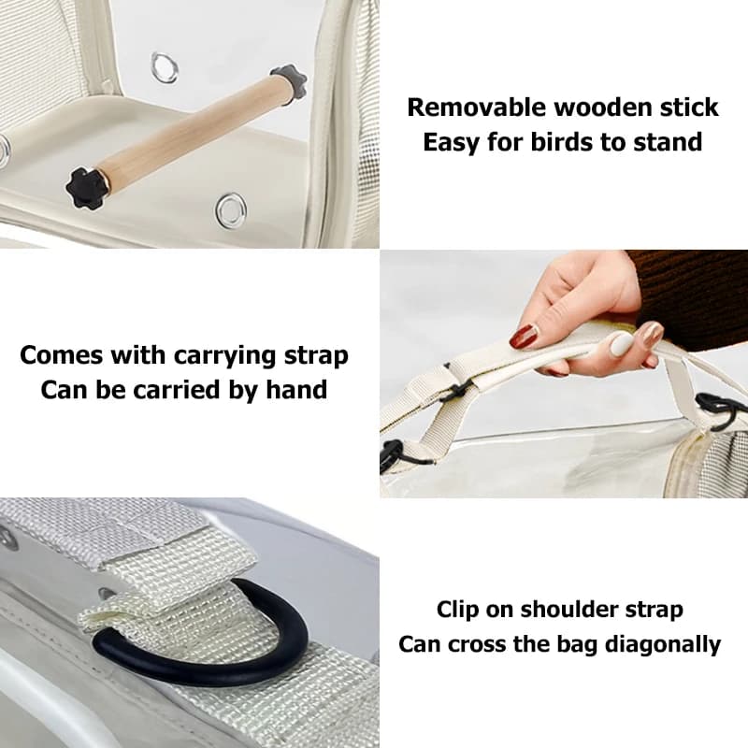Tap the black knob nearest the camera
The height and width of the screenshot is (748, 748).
click(87, 187)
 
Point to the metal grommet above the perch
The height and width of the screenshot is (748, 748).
click(165, 66)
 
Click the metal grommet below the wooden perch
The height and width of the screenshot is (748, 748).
click(230, 210)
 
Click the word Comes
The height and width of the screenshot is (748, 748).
click(62, 355)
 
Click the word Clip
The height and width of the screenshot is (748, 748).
click(458, 610)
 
